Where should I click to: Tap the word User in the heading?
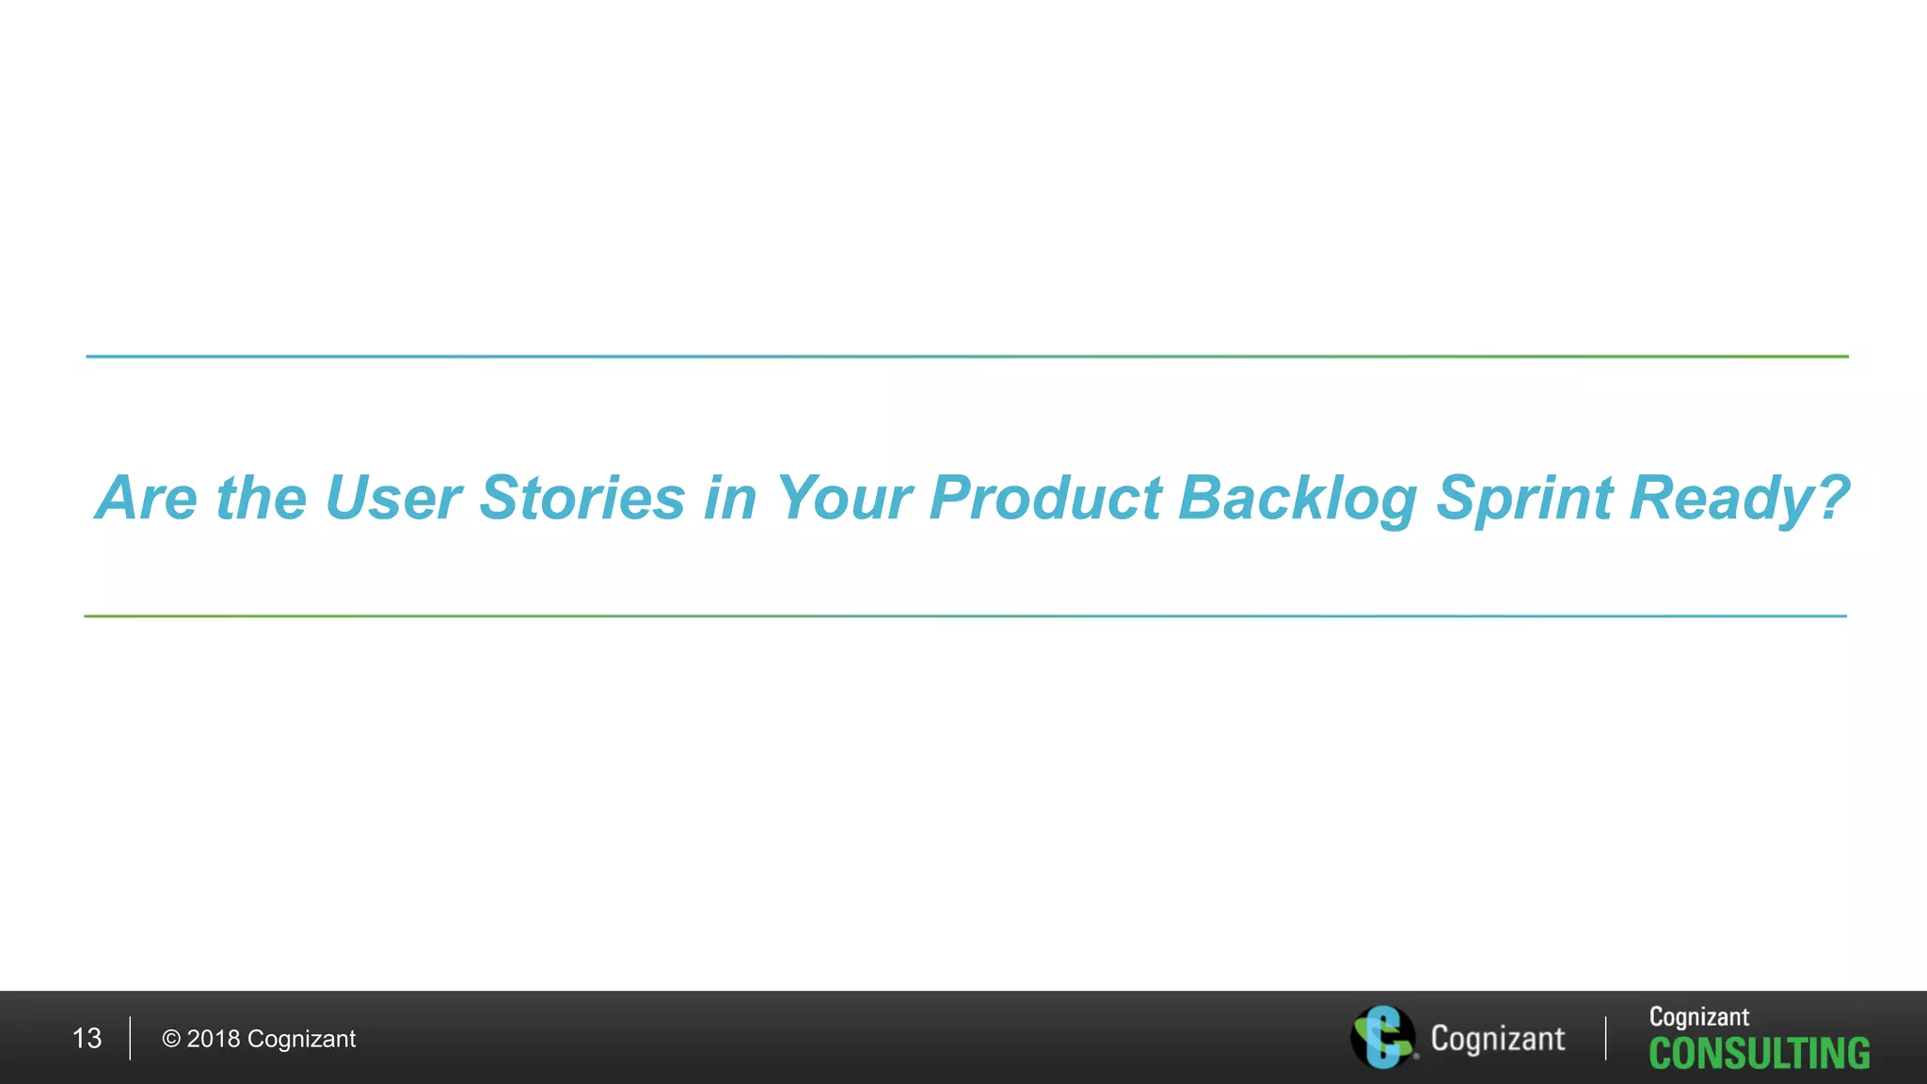click(392, 498)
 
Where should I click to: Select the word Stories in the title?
click(582, 498)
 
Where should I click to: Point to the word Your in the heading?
click(843, 498)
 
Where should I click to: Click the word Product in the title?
click(1045, 498)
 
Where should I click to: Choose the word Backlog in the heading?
click(1298, 500)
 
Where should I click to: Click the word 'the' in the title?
click(262, 498)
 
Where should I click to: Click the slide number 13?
click(87, 1039)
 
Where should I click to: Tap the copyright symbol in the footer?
click(171, 1039)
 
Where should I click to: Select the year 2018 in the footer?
click(214, 1039)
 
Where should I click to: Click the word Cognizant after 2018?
click(301, 1039)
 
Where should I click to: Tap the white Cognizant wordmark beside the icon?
click(1498, 1039)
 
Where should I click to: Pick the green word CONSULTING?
click(1760, 1054)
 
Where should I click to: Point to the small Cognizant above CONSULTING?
click(1699, 1017)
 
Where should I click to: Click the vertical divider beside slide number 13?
click(130, 1038)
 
